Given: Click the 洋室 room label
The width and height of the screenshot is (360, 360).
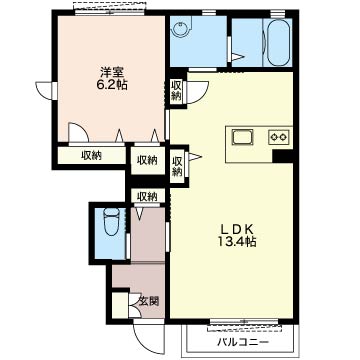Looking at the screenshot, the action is coord(112,72).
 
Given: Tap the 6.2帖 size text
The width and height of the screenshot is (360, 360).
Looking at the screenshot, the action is coord(112,85).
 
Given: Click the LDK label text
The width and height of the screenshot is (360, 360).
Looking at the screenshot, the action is coord(238,230).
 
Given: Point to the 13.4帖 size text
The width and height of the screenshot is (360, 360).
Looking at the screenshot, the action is coord(238,242).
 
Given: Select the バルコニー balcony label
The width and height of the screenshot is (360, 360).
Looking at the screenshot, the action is coord(243,342).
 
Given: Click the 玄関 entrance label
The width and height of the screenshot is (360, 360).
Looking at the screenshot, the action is coord(149,301).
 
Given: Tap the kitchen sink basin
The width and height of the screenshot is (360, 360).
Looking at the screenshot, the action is coord(243,137).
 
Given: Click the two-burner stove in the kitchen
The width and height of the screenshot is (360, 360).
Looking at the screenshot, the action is coord(279,137).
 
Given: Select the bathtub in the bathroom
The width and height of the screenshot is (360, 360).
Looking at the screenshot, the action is coord(277,43).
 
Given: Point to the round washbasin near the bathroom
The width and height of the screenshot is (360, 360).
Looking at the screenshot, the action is coord(181,26).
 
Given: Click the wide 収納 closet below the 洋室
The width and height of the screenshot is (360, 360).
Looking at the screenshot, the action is coord(92,156).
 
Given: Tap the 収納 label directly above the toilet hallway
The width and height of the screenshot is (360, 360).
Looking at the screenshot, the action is coord(148,197).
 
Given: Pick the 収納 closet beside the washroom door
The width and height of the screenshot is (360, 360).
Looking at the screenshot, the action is coord(176,91).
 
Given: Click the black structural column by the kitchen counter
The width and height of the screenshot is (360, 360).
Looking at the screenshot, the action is coord(282,156).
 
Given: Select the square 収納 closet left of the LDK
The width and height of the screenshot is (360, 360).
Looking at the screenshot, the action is coord(148,161).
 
